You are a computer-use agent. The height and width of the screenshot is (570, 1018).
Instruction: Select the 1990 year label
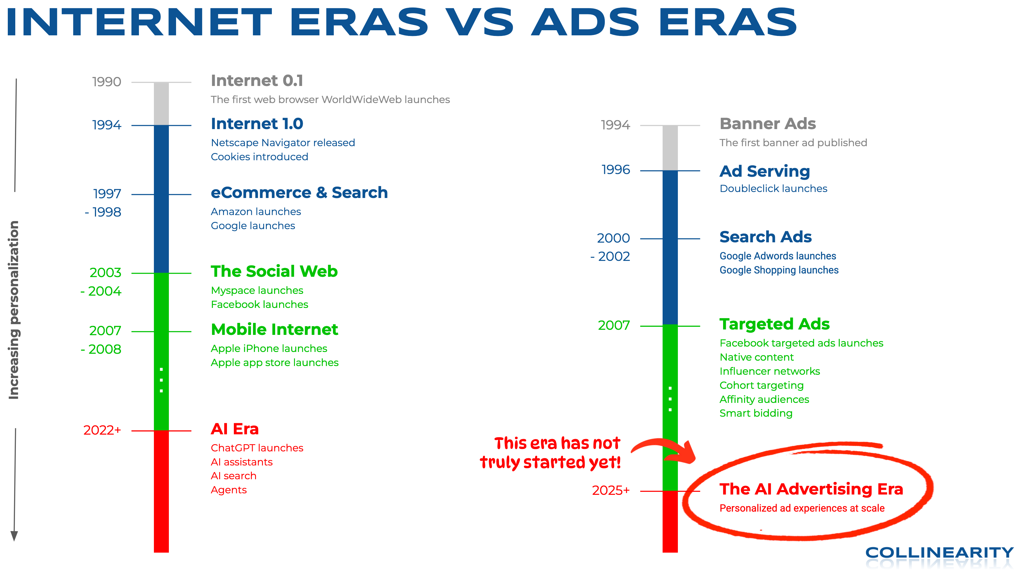pyautogui.click(x=106, y=82)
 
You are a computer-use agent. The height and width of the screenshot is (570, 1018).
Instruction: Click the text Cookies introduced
pyautogui.click(x=259, y=157)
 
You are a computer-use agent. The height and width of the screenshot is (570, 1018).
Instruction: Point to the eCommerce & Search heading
pyautogui.click(x=299, y=193)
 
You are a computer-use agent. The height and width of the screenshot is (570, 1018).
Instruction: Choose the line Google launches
pyautogui.click(x=253, y=226)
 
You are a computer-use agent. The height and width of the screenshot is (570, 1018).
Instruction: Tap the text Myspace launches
pyautogui.click(x=257, y=291)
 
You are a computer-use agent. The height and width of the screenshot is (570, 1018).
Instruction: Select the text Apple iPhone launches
pyautogui.click(x=269, y=349)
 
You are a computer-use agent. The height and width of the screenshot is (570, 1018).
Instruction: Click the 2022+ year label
pyautogui.click(x=102, y=430)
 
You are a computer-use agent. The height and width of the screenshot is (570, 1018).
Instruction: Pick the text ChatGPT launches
pyautogui.click(x=257, y=448)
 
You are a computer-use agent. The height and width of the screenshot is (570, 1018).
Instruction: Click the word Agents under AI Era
pyautogui.click(x=228, y=490)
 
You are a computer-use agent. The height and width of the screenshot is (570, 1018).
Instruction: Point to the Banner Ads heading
pyautogui.click(x=767, y=124)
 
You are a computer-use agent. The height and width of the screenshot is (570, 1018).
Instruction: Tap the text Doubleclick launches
pyautogui.click(x=773, y=188)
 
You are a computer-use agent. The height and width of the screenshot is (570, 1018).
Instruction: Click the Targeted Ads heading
pyautogui.click(x=775, y=324)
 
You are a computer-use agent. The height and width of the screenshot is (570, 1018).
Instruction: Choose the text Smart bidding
pyautogui.click(x=756, y=413)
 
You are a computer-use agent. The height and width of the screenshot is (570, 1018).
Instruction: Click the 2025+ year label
pyautogui.click(x=611, y=491)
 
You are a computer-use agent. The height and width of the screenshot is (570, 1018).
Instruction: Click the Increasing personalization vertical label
pyautogui.click(x=14, y=310)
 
